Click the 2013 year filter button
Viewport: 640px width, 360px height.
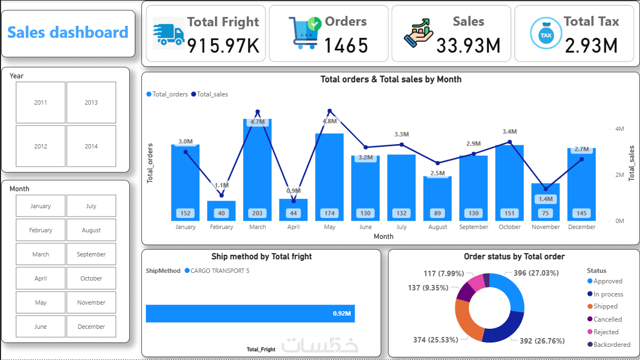[x=91, y=102]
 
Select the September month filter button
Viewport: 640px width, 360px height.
[x=91, y=254]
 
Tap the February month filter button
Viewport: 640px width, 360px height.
[x=41, y=230]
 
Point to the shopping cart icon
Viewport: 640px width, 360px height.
[x=304, y=33]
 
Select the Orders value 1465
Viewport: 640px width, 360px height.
[x=346, y=46]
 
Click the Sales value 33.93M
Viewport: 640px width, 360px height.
[x=468, y=46]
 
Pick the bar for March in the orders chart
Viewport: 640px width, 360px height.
[x=258, y=170]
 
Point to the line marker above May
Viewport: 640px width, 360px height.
[x=330, y=111]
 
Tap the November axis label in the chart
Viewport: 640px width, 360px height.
[x=546, y=227]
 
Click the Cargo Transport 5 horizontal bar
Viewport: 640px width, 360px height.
[x=250, y=313]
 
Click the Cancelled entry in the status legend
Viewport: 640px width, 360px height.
[x=608, y=319]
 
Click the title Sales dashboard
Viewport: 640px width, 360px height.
[x=68, y=32]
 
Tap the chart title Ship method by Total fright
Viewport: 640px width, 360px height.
[x=261, y=256]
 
